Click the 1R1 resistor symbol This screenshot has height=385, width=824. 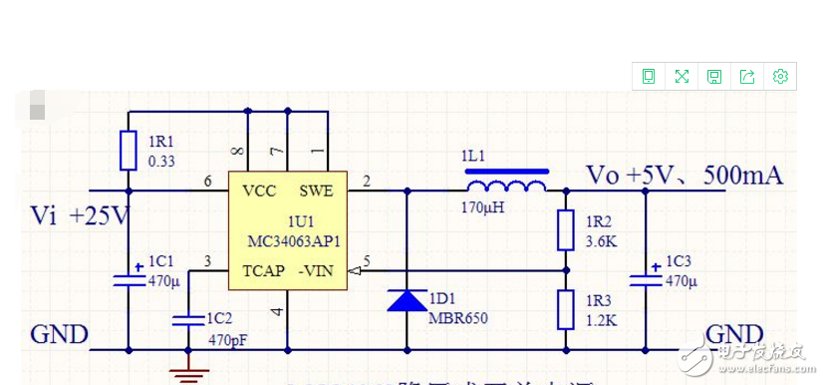click(x=128, y=151)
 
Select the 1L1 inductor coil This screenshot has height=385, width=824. click(x=506, y=187)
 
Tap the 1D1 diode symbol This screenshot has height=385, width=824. click(x=407, y=300)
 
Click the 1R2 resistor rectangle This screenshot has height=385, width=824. click(x=566, y=230)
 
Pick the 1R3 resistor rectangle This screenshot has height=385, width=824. click(x=566, y=309)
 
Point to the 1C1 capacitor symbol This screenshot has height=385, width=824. click(x=128, y=274)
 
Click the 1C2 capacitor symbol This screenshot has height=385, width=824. click(x=187, y=319)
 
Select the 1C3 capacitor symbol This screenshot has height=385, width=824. click(x=645, y=274)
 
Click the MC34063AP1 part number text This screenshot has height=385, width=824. click(x=294, y=240)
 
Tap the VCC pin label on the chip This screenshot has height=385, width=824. click(x=259, y=191)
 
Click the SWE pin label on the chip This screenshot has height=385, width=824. click(x=317, y=191)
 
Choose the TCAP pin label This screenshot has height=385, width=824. click(x=263, y=270)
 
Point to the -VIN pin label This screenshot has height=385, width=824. click(x=319, y=270)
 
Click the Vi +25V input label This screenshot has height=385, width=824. click(x=81, y=214)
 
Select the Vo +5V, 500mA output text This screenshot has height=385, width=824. click(x=685, y=176)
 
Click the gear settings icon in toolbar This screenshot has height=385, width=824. click(x=780, y=76)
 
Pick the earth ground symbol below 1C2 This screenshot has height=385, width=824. click(x=187, y=373)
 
